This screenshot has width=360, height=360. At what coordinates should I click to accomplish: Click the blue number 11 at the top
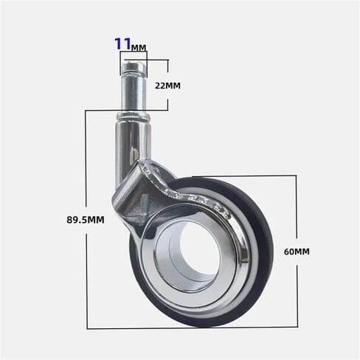pyautogui.click(x=122, y=44)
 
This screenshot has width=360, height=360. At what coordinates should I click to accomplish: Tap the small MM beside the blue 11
pyautogui.click(x=139, y=47)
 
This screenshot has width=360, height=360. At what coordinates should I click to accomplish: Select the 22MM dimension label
pyautogui.click(x=167, y=86)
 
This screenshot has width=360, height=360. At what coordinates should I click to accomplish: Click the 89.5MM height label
pyautogui.click(x=86, y=220)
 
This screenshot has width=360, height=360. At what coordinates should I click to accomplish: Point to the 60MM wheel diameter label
pyautogui.click(x=297, y=252)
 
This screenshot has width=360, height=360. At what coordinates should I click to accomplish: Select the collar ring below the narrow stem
pyautogui.click(x=133, y=117)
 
